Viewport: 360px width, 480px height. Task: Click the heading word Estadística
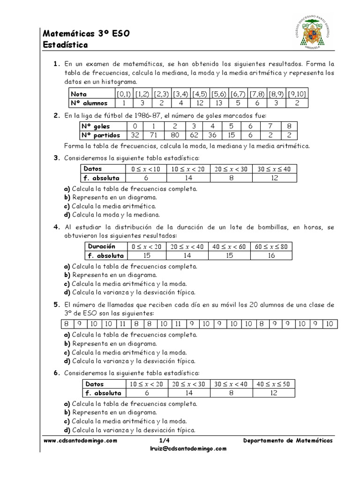pyautogui.click(x=65, y=45)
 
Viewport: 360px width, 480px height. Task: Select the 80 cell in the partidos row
pyautogui.click(x=174, y=135)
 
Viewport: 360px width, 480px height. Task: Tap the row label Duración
pyautogui.click(x=102, y=246)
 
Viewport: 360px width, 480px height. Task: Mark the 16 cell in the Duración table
pyautogui.click(x=270, y=255)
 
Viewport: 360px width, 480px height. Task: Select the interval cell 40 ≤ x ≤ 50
pyautogui.click(x=273, y=384)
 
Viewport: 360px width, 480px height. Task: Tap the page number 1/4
pyautogui.click(x=164, y=441)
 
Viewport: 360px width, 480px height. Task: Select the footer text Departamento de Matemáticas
pyautogui.click(x=288, y=441)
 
